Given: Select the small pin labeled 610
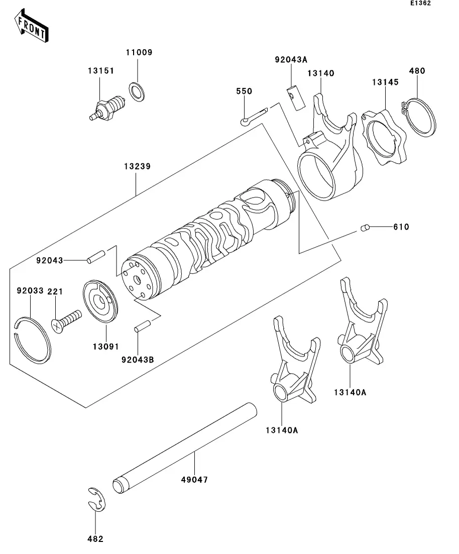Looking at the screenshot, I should coord(365,229).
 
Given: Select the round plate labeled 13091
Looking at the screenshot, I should coord(100,302).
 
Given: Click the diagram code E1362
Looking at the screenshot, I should coord(420,4).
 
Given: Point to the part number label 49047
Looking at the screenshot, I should coord(194,480).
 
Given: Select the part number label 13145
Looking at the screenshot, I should coord(386,82).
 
